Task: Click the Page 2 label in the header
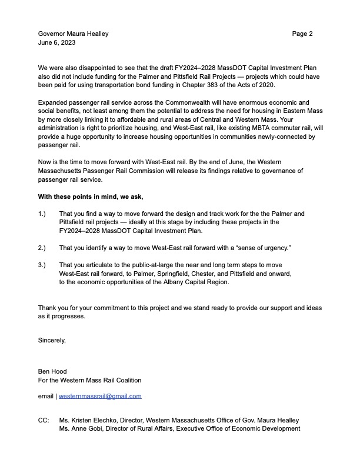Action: [x=302, y=34]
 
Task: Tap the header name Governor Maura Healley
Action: [x=73, y=34]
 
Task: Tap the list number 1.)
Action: [x=42, y=213]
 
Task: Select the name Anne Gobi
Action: [x=85, y=428]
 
